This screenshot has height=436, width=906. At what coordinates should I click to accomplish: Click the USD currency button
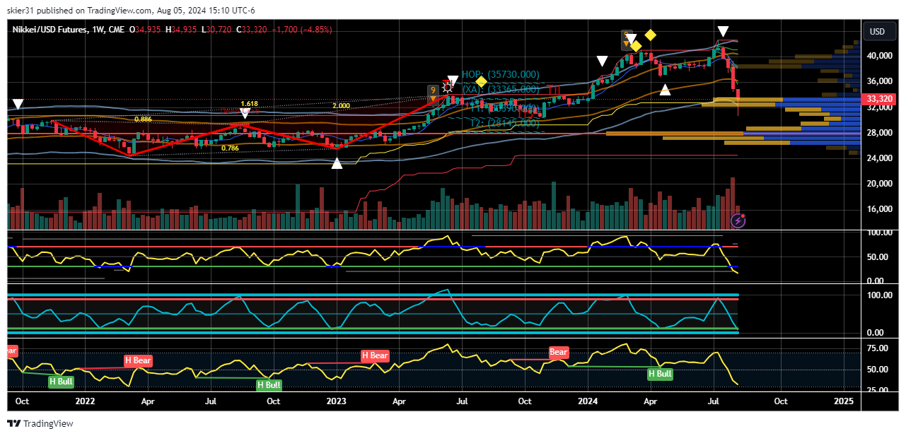coord(877,32)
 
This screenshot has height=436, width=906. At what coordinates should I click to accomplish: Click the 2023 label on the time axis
coord(337,401)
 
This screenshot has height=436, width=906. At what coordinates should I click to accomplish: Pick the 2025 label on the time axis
coord(844,401)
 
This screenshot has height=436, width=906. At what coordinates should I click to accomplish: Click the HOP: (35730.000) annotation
coord(500,75)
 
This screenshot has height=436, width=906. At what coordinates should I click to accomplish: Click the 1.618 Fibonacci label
coord(249,103)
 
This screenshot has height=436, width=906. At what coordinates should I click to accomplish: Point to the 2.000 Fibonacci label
coord(341,106)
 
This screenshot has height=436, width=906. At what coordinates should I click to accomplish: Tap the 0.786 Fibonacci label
coord(230,148)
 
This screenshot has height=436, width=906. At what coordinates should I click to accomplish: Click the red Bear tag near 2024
coord(559,352)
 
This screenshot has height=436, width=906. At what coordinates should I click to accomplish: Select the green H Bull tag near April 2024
coord(660,374)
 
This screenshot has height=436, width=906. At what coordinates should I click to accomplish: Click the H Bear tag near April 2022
coord(138,360)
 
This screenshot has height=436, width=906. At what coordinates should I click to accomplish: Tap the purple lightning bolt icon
coord(738,221)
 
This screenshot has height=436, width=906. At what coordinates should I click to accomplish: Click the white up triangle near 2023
coord(337,163)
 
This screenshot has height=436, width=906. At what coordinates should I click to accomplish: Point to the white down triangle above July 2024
coord(723,32)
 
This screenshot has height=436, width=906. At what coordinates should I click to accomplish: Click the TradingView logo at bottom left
coord(40,423)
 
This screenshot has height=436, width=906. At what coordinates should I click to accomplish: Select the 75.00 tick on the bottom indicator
coord(877,348)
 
